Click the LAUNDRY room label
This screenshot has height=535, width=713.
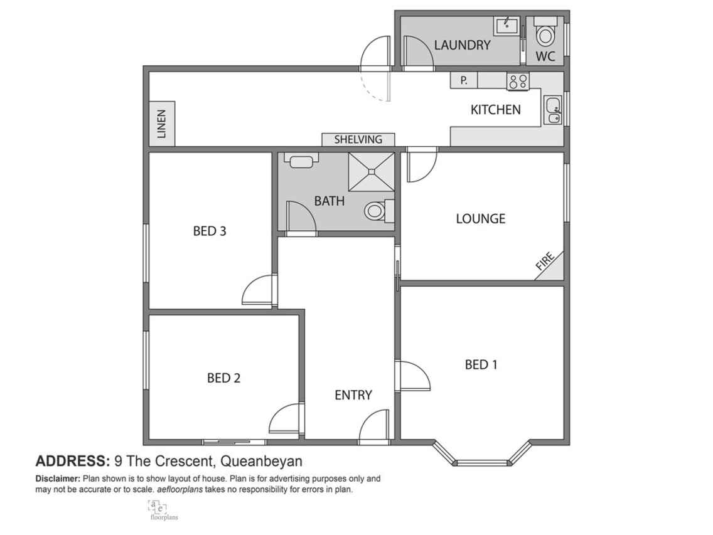(x=462, y=45)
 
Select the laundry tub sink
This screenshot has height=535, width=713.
(x=506, y=26)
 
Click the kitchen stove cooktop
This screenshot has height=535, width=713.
(x=518, y=82)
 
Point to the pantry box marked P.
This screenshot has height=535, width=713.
(x=464, y=80)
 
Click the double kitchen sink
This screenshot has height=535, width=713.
(x=553, y=110)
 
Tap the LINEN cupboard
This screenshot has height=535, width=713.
(x=162, y=124)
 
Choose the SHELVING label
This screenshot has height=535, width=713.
(x=358, y=139)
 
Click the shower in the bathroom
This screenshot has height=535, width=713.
(x=371, y=171)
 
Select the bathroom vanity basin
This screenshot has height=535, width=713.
(x=301, y=161)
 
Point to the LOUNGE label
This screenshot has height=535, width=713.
(x=481, y=219)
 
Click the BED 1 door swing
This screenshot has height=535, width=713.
(x=413, y=376)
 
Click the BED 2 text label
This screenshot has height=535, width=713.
(x=223, y=378)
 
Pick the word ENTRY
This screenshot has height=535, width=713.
(x=353, y=395)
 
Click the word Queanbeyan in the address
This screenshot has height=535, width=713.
(x=261, y=462)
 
